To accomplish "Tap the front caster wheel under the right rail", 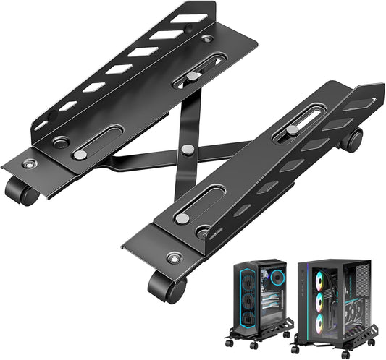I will [166, 286].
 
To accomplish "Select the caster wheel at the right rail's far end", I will [352, 140].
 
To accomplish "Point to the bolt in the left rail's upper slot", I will [193, 75].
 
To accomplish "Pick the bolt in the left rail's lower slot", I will [81, 154].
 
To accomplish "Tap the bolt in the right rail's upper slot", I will [293, 129].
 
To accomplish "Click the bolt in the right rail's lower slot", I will [182, 218].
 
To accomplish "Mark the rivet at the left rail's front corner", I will [29, 164].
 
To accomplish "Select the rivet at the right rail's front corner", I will [174, 257].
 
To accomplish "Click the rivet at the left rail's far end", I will [208, 38].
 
